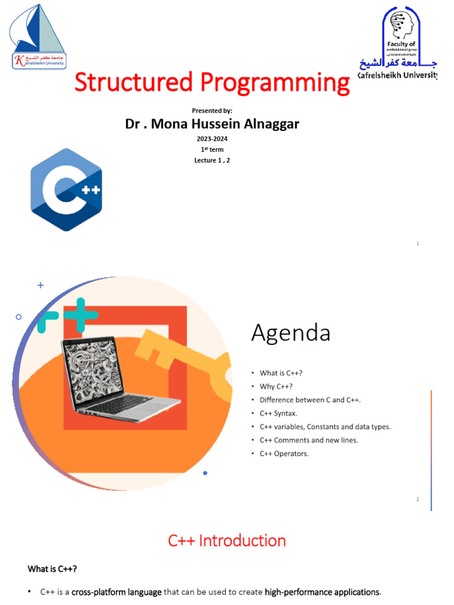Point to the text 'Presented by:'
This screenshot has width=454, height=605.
coord(212,110)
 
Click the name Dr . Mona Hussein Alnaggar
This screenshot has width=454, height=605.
coord(212,125)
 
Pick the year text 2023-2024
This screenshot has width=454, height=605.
coord(212,139)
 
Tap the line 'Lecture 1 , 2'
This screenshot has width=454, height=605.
coord(212,160)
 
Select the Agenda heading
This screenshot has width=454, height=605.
coord(290,333)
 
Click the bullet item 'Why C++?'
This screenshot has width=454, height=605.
coord(276,386)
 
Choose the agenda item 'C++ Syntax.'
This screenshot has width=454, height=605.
coord(278,413)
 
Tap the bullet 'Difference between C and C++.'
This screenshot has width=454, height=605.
coord(310,400)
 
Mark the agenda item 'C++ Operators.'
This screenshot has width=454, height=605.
coord(284,454)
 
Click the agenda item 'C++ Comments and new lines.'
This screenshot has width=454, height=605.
coord(308,440)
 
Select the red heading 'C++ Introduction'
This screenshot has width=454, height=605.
coord(227,541)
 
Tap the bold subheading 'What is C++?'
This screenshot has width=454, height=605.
coord(52,569)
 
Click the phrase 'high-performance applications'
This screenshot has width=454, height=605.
coord(322,592)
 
